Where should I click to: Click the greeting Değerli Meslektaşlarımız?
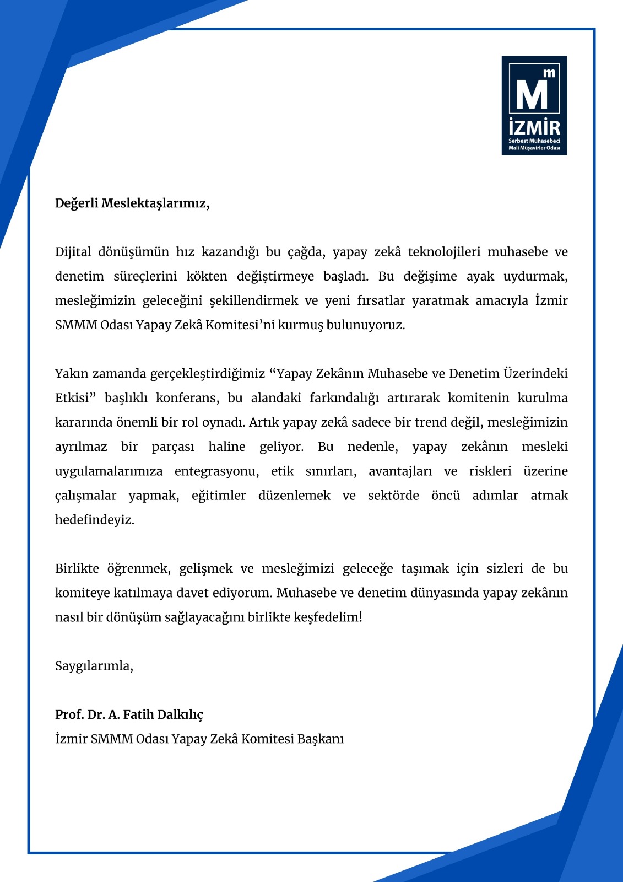click(x=132, y=203)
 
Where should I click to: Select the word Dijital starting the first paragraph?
click(x=73, y=252)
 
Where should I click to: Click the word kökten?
click(x=207, y=276)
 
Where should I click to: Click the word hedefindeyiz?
click(x=95, y=520)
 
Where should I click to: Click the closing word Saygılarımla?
click(x=94, y=666)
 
